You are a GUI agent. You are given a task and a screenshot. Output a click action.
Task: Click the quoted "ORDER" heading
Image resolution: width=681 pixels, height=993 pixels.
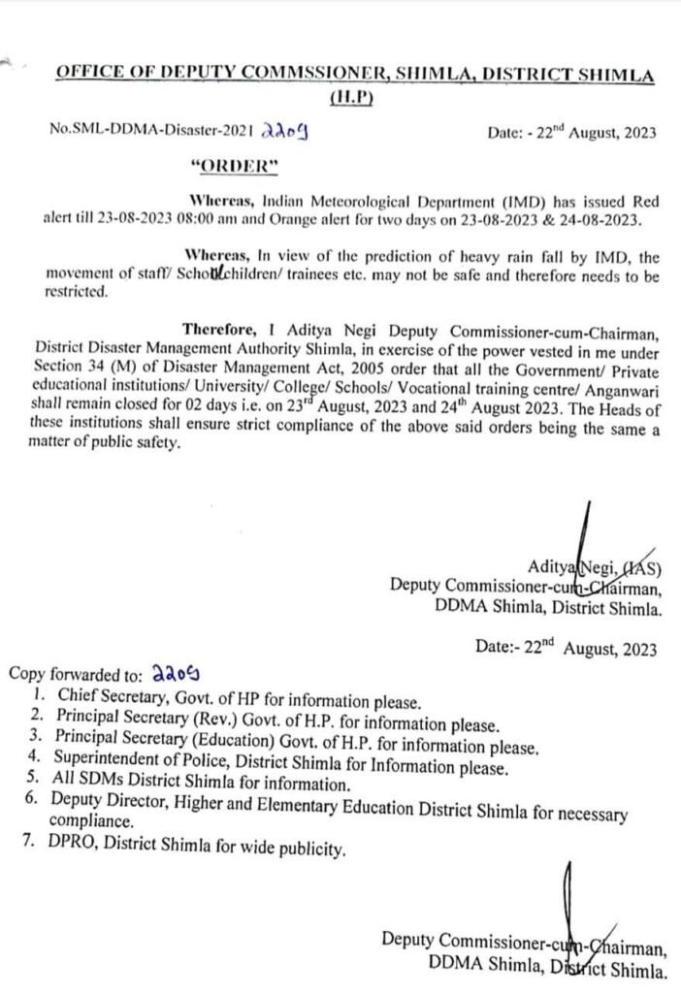(x=237, y=165)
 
